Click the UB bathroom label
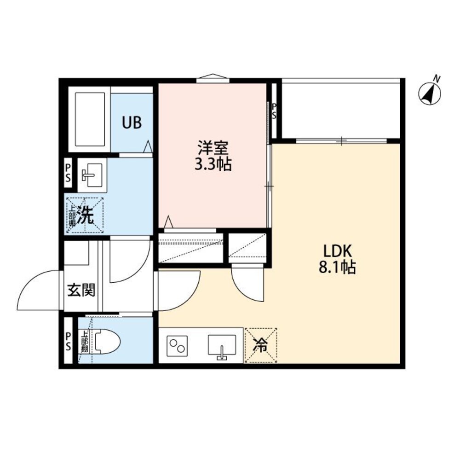click(x=132, y=122)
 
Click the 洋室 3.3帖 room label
click(x=213, y=156)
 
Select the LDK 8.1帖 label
click(x=337, y=259)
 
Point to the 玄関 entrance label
click(x=81, y=290)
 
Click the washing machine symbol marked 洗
click(x=85, y=215)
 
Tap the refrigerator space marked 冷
click(x=261, y=345)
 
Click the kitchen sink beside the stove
click(x=222, y=345)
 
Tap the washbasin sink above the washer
click(x=92, y=175)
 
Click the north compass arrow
click(x=430, y=93)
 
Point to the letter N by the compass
click(x=437, y=78)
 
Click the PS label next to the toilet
click(x=68, y=341)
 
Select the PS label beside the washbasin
click(x=68, y=173)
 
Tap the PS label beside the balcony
click(x=274, y=111)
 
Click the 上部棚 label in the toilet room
click(x=85, y=342)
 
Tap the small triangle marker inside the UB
click(x=148, y=146)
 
